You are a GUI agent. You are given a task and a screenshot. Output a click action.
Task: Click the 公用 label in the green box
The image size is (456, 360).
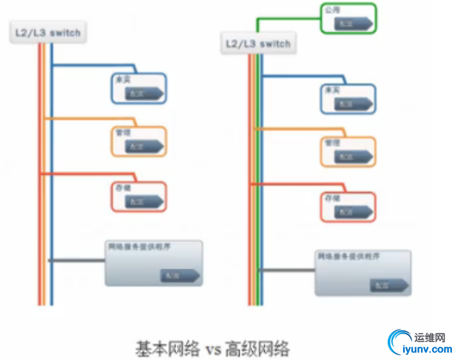pos(331,11)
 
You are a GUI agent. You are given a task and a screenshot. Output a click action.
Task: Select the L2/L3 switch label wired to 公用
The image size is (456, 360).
pos(257,44)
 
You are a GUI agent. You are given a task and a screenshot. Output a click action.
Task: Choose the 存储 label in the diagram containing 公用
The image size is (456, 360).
pos(332,198)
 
